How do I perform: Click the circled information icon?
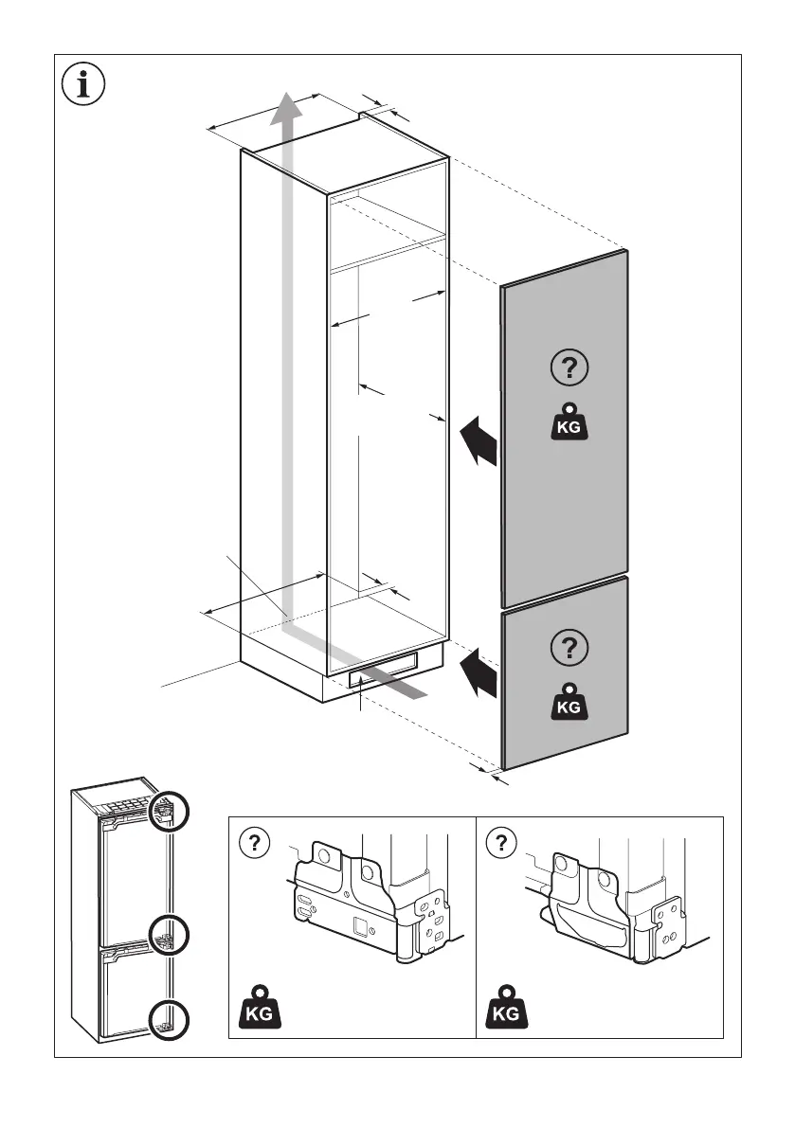[83, 83]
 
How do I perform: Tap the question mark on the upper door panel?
[569, 367]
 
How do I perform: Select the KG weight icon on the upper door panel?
[569, 422]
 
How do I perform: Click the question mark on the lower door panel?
[568, 647]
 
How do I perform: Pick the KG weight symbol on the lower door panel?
[568, 703]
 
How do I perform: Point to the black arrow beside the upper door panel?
[479, 442]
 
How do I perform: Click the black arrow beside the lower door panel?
[479, 671]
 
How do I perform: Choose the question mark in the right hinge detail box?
[501, 842]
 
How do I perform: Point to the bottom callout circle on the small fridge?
[169, 1019]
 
